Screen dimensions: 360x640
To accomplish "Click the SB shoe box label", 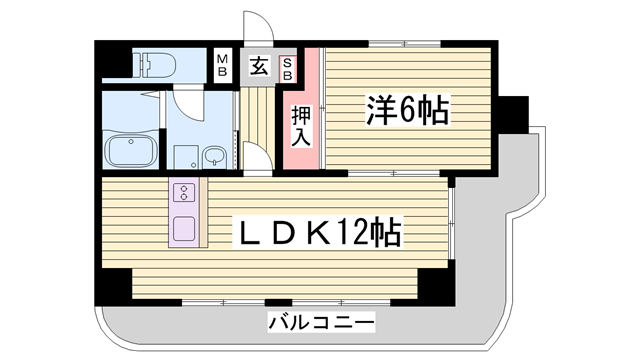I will pyautogui.click(x=287, y=67).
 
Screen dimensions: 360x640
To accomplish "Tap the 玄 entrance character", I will pyautogui.click(x=258, y=67).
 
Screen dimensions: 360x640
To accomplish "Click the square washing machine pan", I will pyautogui.click(x=184, y=157).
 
